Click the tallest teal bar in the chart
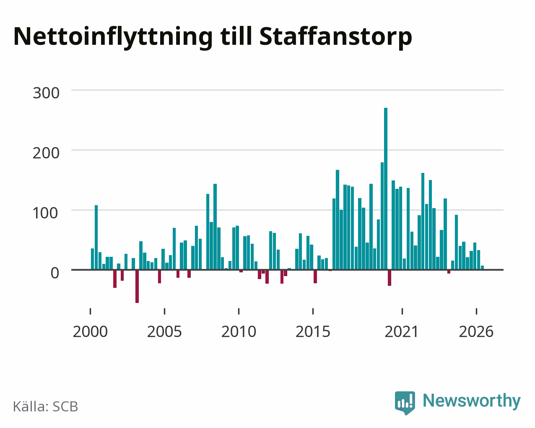(386, 189)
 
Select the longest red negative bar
(137, 287)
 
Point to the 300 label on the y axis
(46, 93)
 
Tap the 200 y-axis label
(46, 153)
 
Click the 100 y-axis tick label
(45, 213)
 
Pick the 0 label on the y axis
(55, 273)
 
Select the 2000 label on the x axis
(90, 331)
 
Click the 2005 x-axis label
(164, 331)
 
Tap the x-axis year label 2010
(239, 331)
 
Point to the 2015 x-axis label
(313, 331)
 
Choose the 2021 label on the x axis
(402, 331)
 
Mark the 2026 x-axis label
(476, 331)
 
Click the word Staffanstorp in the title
(335, 37)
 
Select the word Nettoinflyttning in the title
(113, 37)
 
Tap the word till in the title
(236, 36)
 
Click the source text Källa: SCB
(46, 407)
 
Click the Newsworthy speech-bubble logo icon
(405, 403)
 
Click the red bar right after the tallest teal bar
(390, 278)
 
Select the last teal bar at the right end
(482, 268)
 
